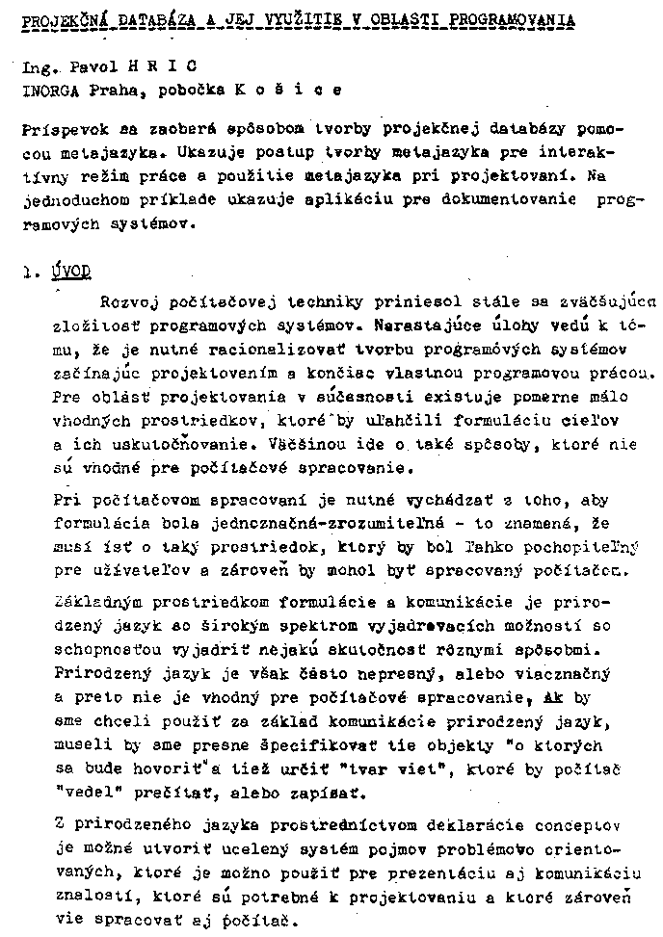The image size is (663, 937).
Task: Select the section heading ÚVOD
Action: pyautogui.click(x=71, y=273)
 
